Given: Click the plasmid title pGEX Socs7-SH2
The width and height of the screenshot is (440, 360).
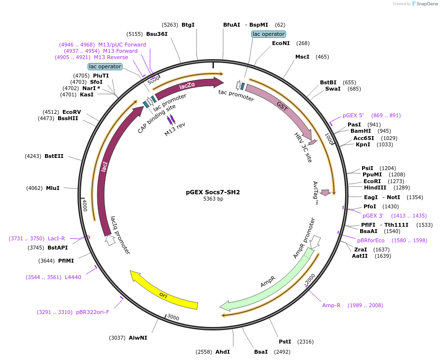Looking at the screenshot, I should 213,192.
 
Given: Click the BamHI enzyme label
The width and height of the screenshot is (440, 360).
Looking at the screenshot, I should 360,131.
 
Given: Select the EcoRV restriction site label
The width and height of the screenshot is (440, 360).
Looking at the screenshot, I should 71,112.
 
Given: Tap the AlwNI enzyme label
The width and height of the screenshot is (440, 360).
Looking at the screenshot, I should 137,338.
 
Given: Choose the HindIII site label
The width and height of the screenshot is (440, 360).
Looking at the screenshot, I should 375,188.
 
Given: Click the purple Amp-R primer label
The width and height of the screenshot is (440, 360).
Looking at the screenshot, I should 332,305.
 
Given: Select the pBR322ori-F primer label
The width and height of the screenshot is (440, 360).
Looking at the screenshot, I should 92,312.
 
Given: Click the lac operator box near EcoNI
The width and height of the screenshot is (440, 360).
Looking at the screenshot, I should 269,34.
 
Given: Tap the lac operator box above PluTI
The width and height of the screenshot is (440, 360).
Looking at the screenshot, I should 105,66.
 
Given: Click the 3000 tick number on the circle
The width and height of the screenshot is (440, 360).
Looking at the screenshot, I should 173,318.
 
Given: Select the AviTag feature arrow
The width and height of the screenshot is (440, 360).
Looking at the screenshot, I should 326,193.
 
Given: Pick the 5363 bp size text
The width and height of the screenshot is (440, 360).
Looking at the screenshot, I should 213,199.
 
